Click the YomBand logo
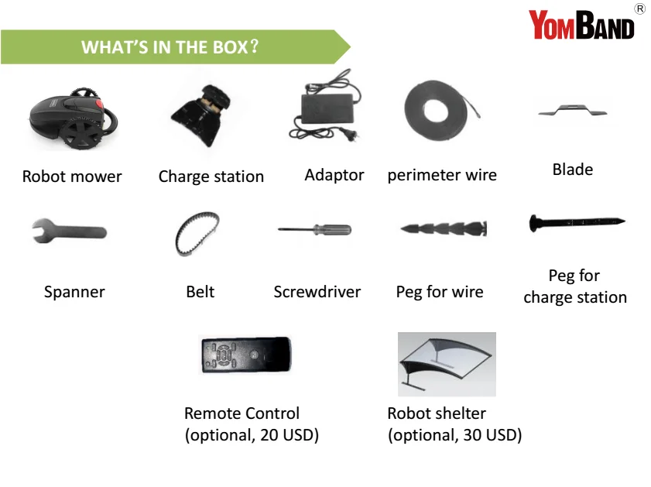click(x=581, y=25)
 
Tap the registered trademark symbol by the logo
click(x=639, y=9)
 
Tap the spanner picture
click(x=69, y=231)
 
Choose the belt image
click(x=197, y=234)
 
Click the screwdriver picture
click(x=315, y=229)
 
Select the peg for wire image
click(x=444, y=228)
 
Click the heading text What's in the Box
click(x=170, y=47)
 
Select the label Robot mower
click(x=72, y=177)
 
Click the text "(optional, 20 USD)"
click(x=252, y=435)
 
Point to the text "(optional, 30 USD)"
click(x=454, y=435)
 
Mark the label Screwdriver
click(x=317, y=292)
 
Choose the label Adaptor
click(x=334, y=175)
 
